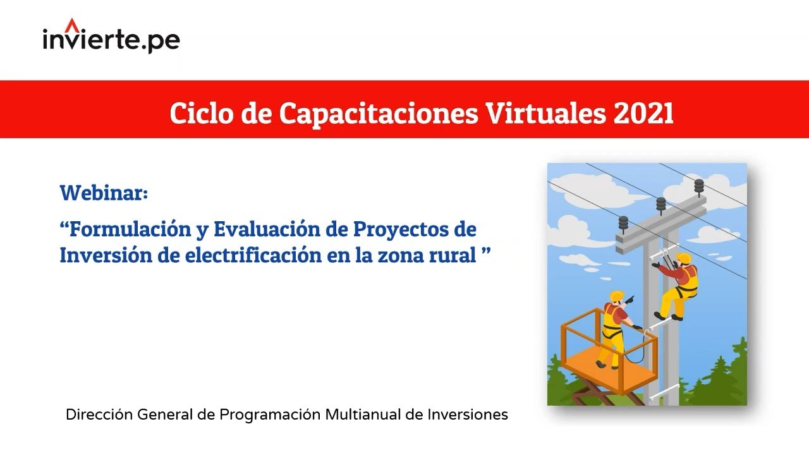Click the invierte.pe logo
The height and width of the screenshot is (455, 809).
pyautogui.click(x=111, y=39)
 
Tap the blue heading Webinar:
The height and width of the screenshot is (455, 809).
pyautogui.click(x=104, y=192)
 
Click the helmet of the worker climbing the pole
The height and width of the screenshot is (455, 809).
pyautogui.click(x=684, y=258)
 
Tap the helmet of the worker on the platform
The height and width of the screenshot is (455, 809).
pyautogui.click(x=617, y=296)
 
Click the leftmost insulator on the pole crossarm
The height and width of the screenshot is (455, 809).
pyautogui.click(x=624, y=223)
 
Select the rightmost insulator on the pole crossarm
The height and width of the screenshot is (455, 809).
pyautogui.click(x=698, y=186)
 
